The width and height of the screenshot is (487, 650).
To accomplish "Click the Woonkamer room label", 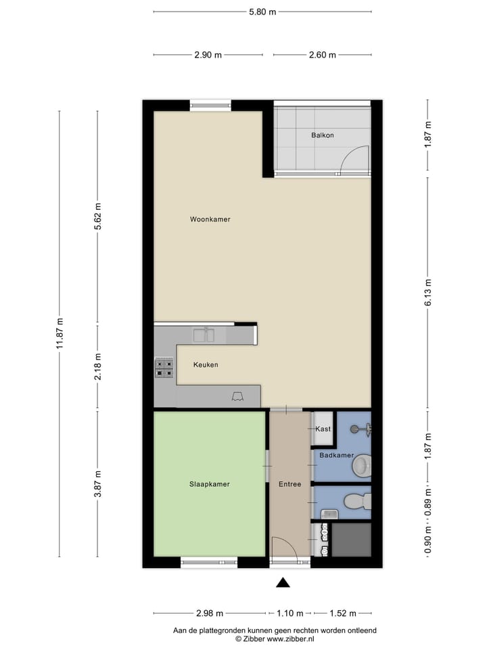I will pos(210,219).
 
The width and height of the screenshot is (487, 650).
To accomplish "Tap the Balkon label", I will pos(323,135).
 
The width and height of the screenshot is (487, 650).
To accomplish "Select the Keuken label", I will pos(206,365).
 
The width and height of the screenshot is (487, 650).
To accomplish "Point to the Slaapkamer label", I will pos(209,484).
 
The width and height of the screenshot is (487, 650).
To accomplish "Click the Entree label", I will pos(289,484).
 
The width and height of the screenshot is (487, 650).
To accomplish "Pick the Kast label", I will pos(322,429).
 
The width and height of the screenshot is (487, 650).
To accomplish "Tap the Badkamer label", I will pos(336,456).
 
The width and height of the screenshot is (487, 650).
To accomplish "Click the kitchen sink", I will pos(204,334).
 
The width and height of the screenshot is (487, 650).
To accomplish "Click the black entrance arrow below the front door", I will pos(283,582).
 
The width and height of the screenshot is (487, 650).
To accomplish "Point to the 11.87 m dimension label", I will pos(60,334).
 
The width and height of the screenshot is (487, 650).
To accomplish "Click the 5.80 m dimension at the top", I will pos(262,12).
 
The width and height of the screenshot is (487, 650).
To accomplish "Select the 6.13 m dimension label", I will pos(428,292).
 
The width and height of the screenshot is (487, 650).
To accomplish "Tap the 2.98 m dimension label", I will pos(210,613).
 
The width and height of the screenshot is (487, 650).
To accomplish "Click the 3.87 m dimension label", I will pos(97,484).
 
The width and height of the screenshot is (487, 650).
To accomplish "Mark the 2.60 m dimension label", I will pos(322,55).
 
